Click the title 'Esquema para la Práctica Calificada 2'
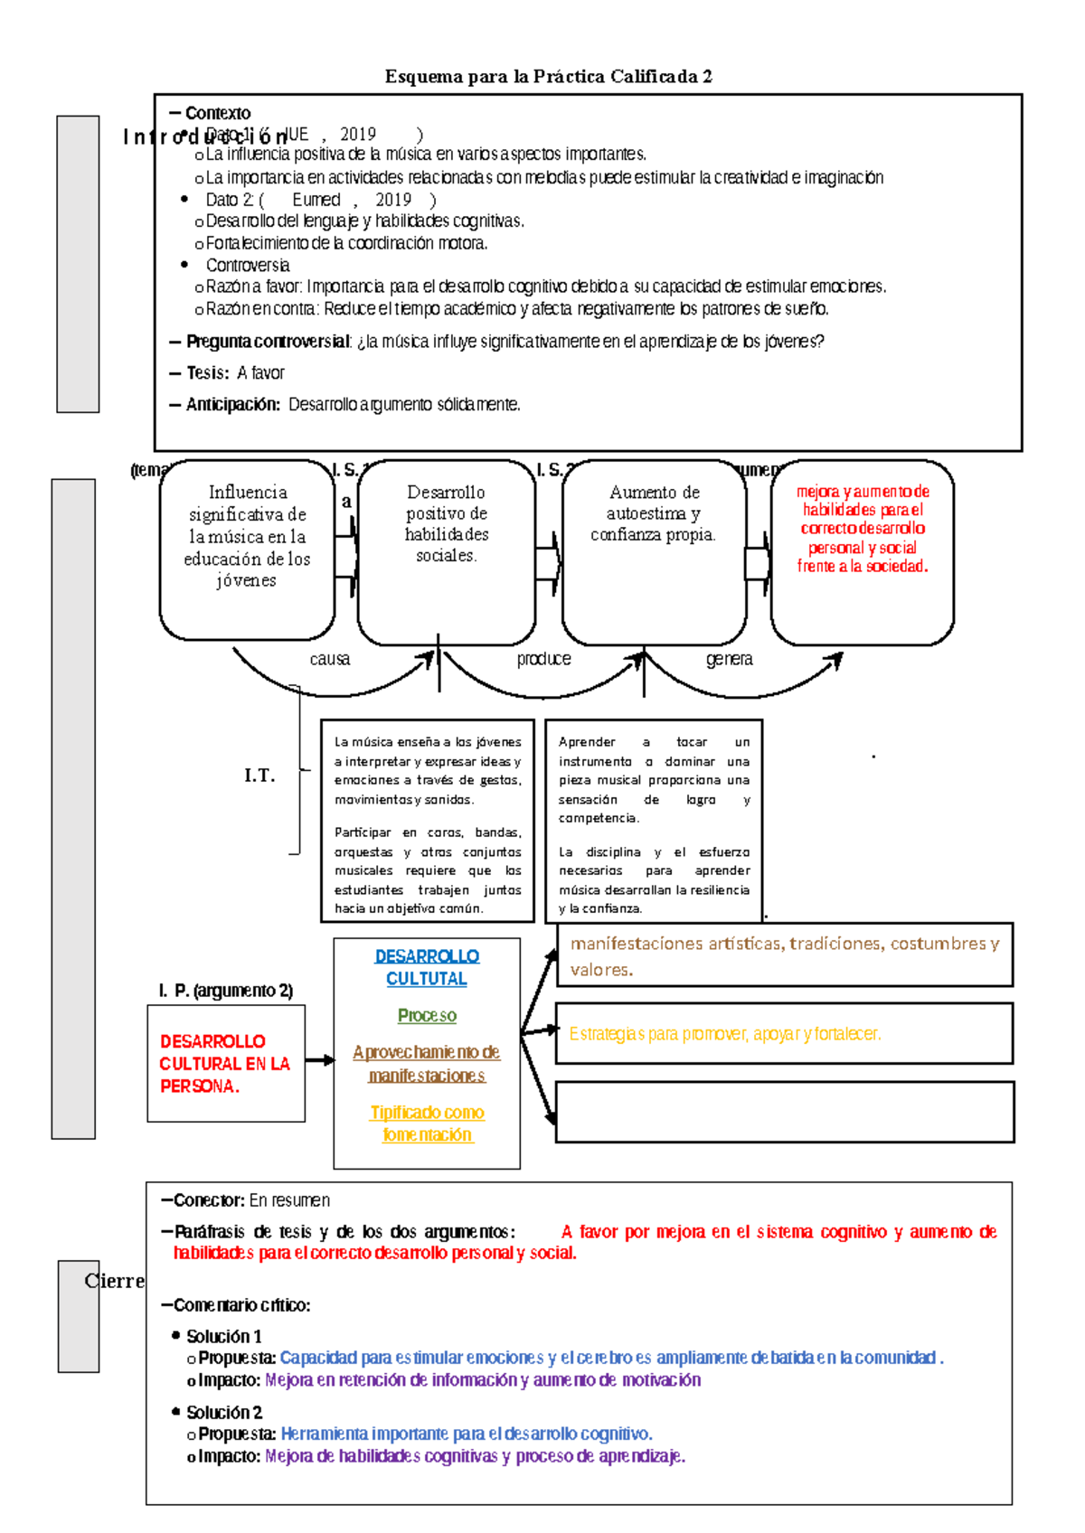pyautogui.click(x=548, y=77)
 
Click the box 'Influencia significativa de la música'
pyautogui.click(x=247, y=549)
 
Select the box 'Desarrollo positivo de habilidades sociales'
pyautogui.click(x=447, y=551)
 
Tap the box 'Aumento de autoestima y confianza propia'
pyautogui.click(x=654, y=551)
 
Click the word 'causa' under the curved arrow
pyautogui.click(x=330, y=659)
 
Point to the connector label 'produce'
pyautogui.click(x=543, y=659)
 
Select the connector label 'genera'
pyautogui.click(x=729, y=659)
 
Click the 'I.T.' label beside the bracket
pyautogui.click(x=259, y=775)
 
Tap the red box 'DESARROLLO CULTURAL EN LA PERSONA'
pyautogui.click(x=226, y=1064)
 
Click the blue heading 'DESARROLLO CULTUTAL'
pyautogui.click(x=427, y=967)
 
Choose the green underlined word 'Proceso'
pyautogui.click(x=427, y=1015)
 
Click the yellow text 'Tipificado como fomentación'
pyautogui.click(x=427, y=1124)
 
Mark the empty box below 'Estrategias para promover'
pyautogui.click(x=784, y=1112)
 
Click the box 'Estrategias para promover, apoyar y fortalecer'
pyautogui.click(x=784, y=1033)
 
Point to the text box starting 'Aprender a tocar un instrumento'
pyautogui.click(x=654, y=821)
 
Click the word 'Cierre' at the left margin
pyautogui.click(x=114, y=1281)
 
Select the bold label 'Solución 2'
pyautogui.click(x=224, y=1412)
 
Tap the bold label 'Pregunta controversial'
pyautogui.click(x=268, y=342)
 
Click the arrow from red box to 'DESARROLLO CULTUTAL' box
pyautogui.click(x=319, y=1059)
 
